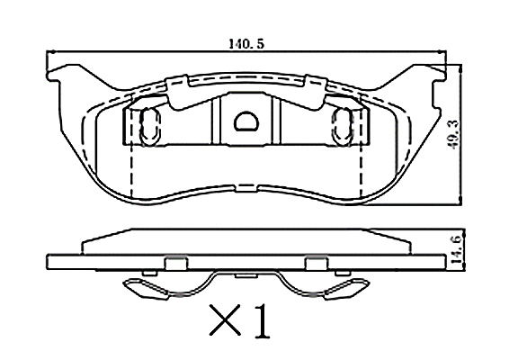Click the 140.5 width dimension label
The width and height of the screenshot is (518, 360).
point(246,44)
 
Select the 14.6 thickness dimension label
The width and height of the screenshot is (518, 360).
point(457,249)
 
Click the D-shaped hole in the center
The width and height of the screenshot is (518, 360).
point(246,121)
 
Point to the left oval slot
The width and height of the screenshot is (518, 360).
point(150,127)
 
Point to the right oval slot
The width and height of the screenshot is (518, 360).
point(344,127)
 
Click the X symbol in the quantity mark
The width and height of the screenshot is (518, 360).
point(225,319)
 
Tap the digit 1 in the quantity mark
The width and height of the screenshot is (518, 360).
point(263,320)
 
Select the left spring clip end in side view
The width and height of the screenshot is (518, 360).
point(146,290)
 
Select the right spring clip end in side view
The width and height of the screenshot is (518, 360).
point(347,289)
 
